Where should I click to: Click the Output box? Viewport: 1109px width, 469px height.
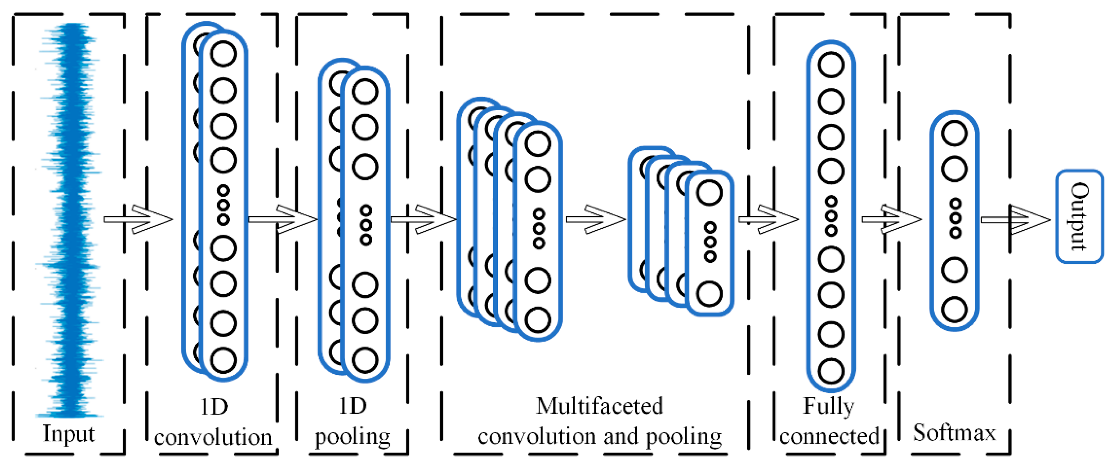click(x=1079, y=217)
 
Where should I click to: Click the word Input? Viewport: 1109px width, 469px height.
click(x=69, y=433)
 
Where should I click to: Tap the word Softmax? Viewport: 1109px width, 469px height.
click(x=954, y=432)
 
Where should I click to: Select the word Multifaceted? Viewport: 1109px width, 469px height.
click(x=599, y=406)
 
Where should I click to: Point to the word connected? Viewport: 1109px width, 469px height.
click(x=829, y=436)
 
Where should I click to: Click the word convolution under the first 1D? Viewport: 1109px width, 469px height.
click(x=213, y=437)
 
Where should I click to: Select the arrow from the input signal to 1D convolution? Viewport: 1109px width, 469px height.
click(x=138, y=220)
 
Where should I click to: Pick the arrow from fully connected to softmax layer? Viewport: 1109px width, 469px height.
click(x=891, y=220)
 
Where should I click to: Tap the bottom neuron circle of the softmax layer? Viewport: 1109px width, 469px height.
click(x=954, y=309)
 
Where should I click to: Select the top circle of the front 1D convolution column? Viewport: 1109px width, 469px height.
click(x=223, y=54)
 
